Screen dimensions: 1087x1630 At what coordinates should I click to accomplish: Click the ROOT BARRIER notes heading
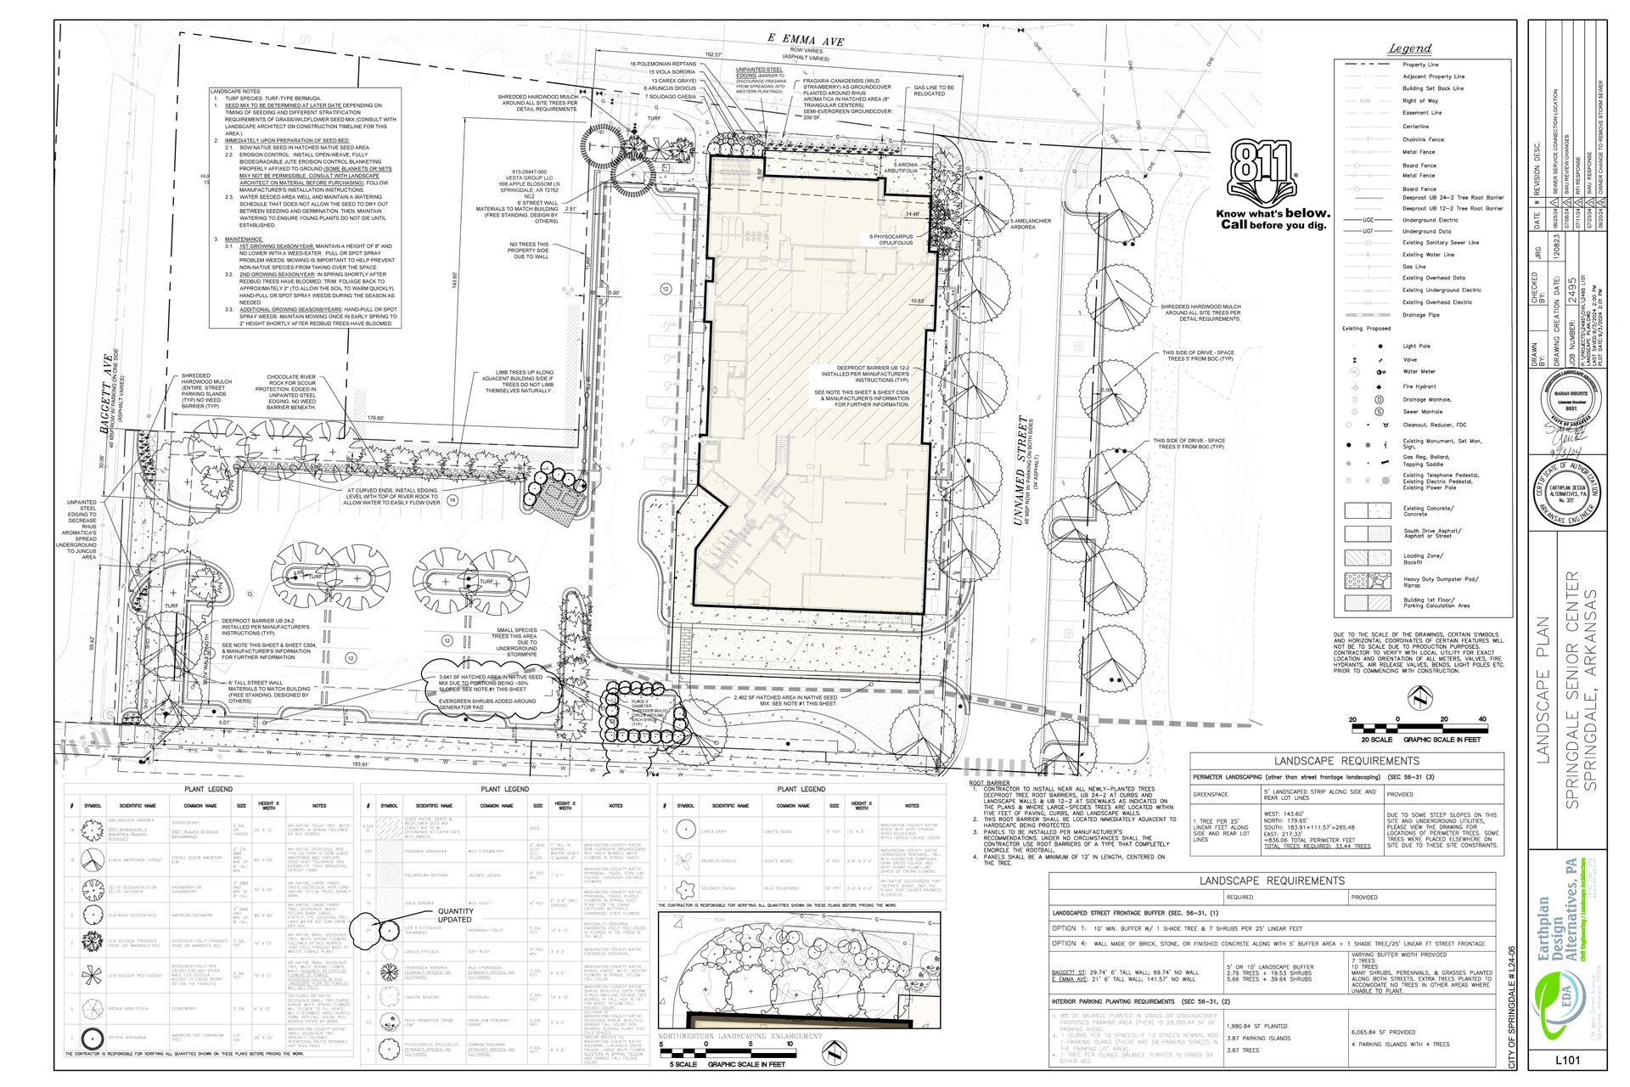point(986,783)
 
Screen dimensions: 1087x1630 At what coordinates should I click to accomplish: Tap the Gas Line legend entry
point(1414,267)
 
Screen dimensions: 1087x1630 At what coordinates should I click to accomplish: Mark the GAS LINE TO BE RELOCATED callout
point(933,90)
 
